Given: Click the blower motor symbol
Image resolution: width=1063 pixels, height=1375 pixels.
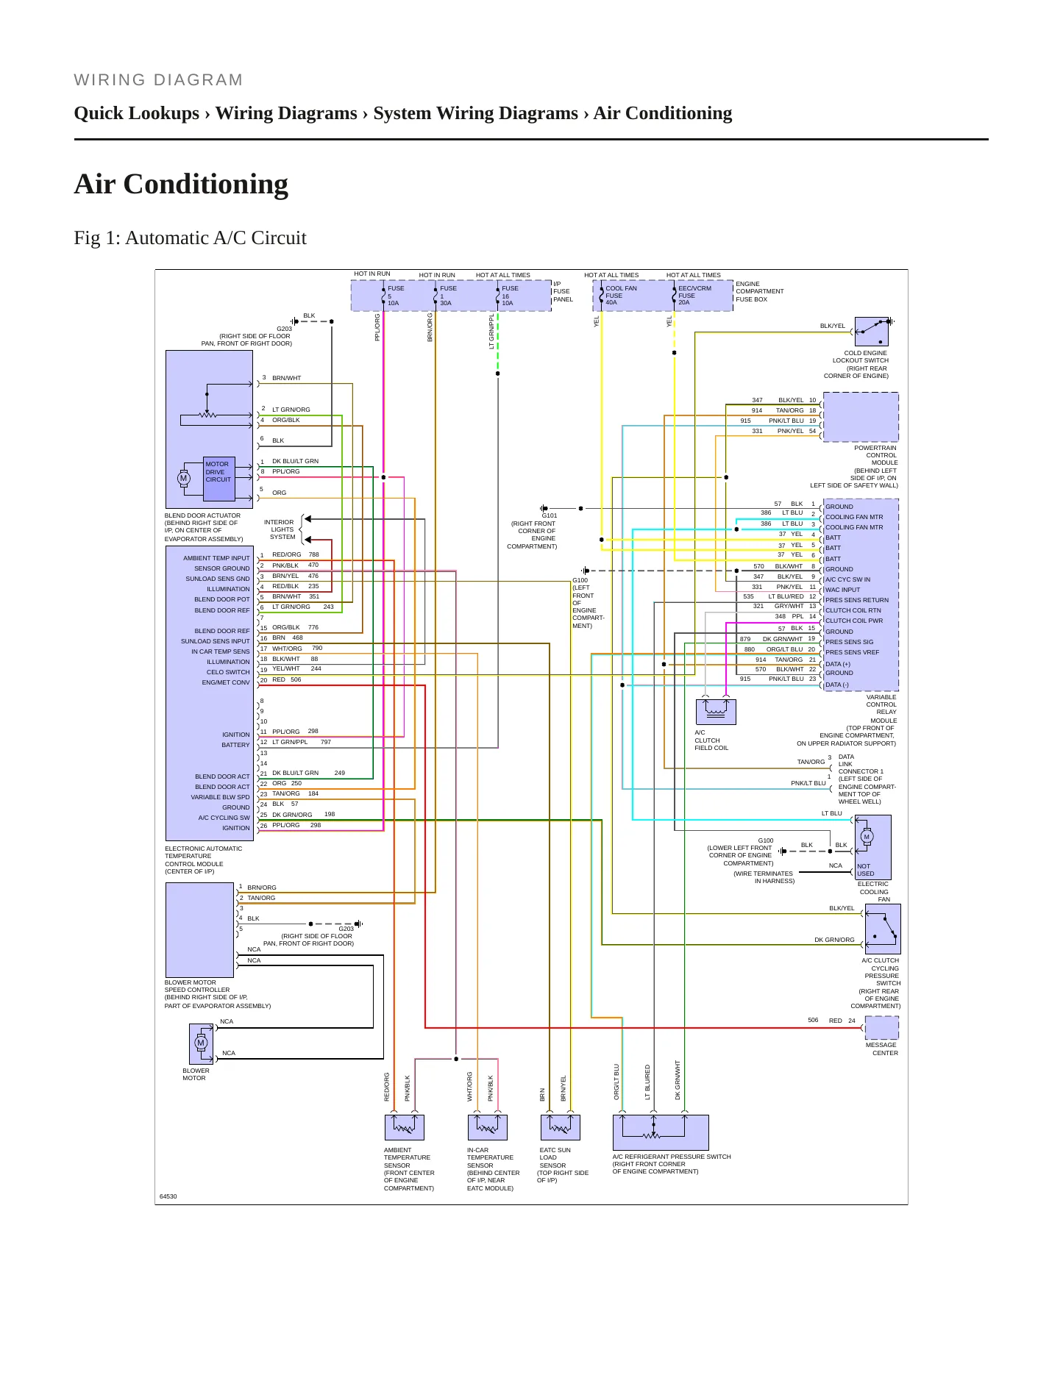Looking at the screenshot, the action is point(201,1043).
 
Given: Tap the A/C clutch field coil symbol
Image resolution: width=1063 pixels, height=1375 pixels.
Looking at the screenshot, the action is point(716,711).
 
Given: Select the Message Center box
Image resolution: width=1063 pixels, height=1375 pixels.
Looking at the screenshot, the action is point(882,1027).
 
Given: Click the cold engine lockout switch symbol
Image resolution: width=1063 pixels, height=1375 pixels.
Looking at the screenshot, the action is point(872,332).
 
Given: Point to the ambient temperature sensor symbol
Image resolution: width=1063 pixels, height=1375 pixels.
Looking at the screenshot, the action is point(404,1127).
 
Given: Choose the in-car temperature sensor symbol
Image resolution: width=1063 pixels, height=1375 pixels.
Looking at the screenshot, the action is point(487,1127).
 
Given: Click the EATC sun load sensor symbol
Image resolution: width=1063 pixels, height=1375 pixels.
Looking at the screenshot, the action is point(560,1127).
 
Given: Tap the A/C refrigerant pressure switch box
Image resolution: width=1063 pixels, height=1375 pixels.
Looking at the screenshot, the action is point(661,1132).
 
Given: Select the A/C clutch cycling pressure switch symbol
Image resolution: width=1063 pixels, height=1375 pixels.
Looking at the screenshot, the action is point(883,929).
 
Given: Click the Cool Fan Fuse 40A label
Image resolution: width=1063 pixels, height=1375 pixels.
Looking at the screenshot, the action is point(621,295).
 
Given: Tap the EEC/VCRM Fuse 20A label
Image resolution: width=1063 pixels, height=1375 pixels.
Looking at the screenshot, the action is point(694,295).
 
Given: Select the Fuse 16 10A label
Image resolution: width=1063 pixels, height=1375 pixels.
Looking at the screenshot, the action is point(510,296).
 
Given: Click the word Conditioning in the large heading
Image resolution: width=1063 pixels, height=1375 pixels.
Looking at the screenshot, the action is point(206,185).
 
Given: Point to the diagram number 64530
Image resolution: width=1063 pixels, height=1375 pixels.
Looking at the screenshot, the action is point(168,1196).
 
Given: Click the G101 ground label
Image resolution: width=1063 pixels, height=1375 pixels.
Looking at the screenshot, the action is point(550,515).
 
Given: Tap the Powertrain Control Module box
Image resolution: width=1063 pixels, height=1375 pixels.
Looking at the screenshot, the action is point(861,417).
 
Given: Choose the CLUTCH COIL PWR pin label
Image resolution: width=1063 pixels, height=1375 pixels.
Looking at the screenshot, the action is point(854,621).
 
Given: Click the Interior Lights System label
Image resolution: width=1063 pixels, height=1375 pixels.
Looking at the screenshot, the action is point(282,529).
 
